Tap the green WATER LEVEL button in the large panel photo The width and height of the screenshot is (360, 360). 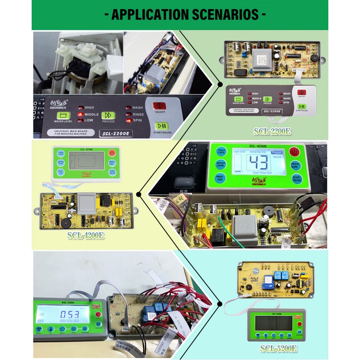pos(63,116)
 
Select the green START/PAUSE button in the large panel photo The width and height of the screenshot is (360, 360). pos(162,127)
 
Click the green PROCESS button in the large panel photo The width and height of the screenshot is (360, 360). pos(107,115)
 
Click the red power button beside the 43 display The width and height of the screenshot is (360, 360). pos(295,154)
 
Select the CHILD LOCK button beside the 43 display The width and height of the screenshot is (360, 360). pos(220,152)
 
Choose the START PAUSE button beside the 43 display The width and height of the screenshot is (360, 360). pos(296,181)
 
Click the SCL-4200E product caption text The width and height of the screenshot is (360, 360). pos(86,236)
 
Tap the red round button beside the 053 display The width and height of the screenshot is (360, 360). pos(99,314)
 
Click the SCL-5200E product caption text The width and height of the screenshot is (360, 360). pos(279,349)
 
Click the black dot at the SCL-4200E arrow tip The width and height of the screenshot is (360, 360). pos(139,194)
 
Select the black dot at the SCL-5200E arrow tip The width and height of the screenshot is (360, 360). pos(219,303)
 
